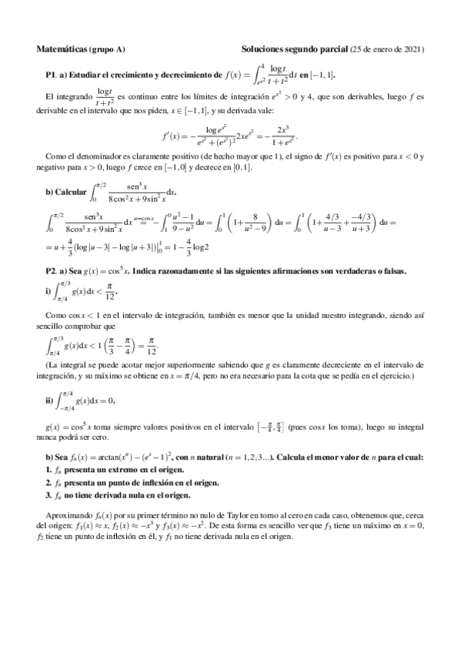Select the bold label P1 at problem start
[51, 75]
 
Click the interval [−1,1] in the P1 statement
[324, 75]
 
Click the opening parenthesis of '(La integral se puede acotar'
[48, 364]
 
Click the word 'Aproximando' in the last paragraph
[66, 514]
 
